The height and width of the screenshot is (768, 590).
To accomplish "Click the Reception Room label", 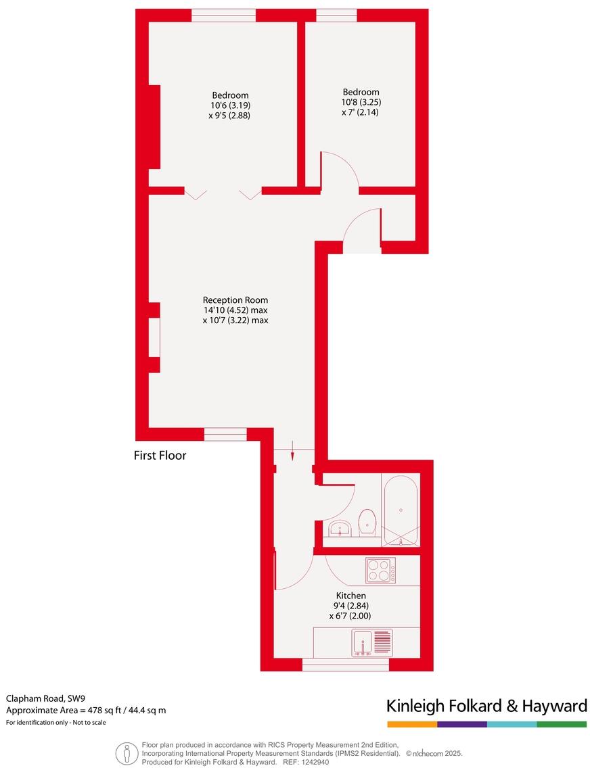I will click(235, 300).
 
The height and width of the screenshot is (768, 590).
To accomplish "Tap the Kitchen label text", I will click(351, 596).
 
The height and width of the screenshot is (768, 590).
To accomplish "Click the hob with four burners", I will click(381, 570).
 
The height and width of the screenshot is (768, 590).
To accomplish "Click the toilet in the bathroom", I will click(367, 521).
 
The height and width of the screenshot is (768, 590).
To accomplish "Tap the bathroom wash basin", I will click(338, 529).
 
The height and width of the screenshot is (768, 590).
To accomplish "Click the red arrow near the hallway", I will click(292, 451).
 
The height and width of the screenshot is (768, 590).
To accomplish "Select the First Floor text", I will click(160, 456).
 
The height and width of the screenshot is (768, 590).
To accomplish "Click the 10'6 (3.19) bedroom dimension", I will click(230, 105).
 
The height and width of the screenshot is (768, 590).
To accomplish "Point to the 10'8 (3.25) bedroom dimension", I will click(361, 102).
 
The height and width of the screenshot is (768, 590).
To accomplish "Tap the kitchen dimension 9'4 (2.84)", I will click(352, 606).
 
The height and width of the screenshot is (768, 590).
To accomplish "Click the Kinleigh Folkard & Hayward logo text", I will click(486, 706).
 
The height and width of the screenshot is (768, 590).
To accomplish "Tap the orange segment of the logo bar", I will click(412, 724).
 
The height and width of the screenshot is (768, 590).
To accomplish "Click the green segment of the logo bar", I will click(562, 724).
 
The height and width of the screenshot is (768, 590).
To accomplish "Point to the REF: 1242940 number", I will click(306, 762).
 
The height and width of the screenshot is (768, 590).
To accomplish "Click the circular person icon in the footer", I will click(127, 753).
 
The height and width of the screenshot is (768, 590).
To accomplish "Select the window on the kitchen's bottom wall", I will click(345, 665).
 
